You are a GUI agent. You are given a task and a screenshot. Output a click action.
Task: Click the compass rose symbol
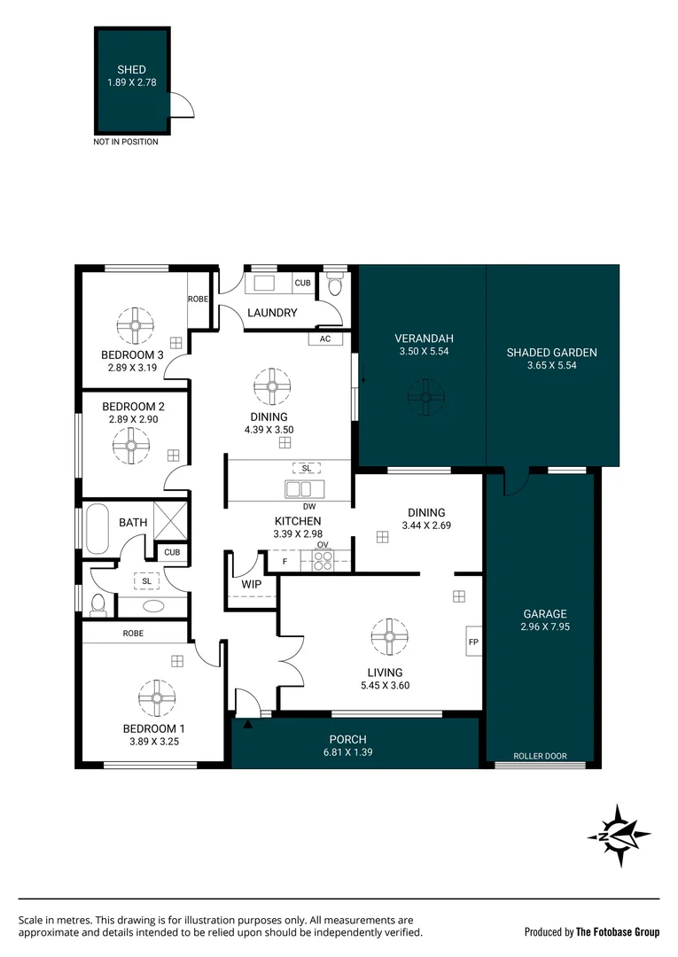coord(619,833)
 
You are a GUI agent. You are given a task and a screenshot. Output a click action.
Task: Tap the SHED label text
coord(131,69)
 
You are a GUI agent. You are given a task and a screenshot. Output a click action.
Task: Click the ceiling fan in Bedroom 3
coord(136,325)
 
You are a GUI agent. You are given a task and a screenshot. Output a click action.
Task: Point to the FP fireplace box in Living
coord(471,642)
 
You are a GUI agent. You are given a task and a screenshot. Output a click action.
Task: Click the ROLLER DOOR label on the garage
coord(540,757)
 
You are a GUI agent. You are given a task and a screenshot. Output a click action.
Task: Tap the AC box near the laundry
coord(323,338)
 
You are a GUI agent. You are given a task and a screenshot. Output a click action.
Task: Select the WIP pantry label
coord(251,584)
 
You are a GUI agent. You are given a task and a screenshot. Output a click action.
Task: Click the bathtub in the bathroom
coord(95,529)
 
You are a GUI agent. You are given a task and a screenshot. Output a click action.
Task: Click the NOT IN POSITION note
coord(126,142)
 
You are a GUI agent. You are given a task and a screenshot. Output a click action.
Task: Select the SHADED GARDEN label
coord(551,352)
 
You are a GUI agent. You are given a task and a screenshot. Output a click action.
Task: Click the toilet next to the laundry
coord(335,285)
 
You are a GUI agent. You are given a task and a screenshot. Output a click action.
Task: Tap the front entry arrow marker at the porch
coord(247,724)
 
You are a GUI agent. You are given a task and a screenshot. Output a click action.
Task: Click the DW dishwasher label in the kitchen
coord(309,506)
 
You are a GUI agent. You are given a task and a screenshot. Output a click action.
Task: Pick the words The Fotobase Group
coord(618,931)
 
